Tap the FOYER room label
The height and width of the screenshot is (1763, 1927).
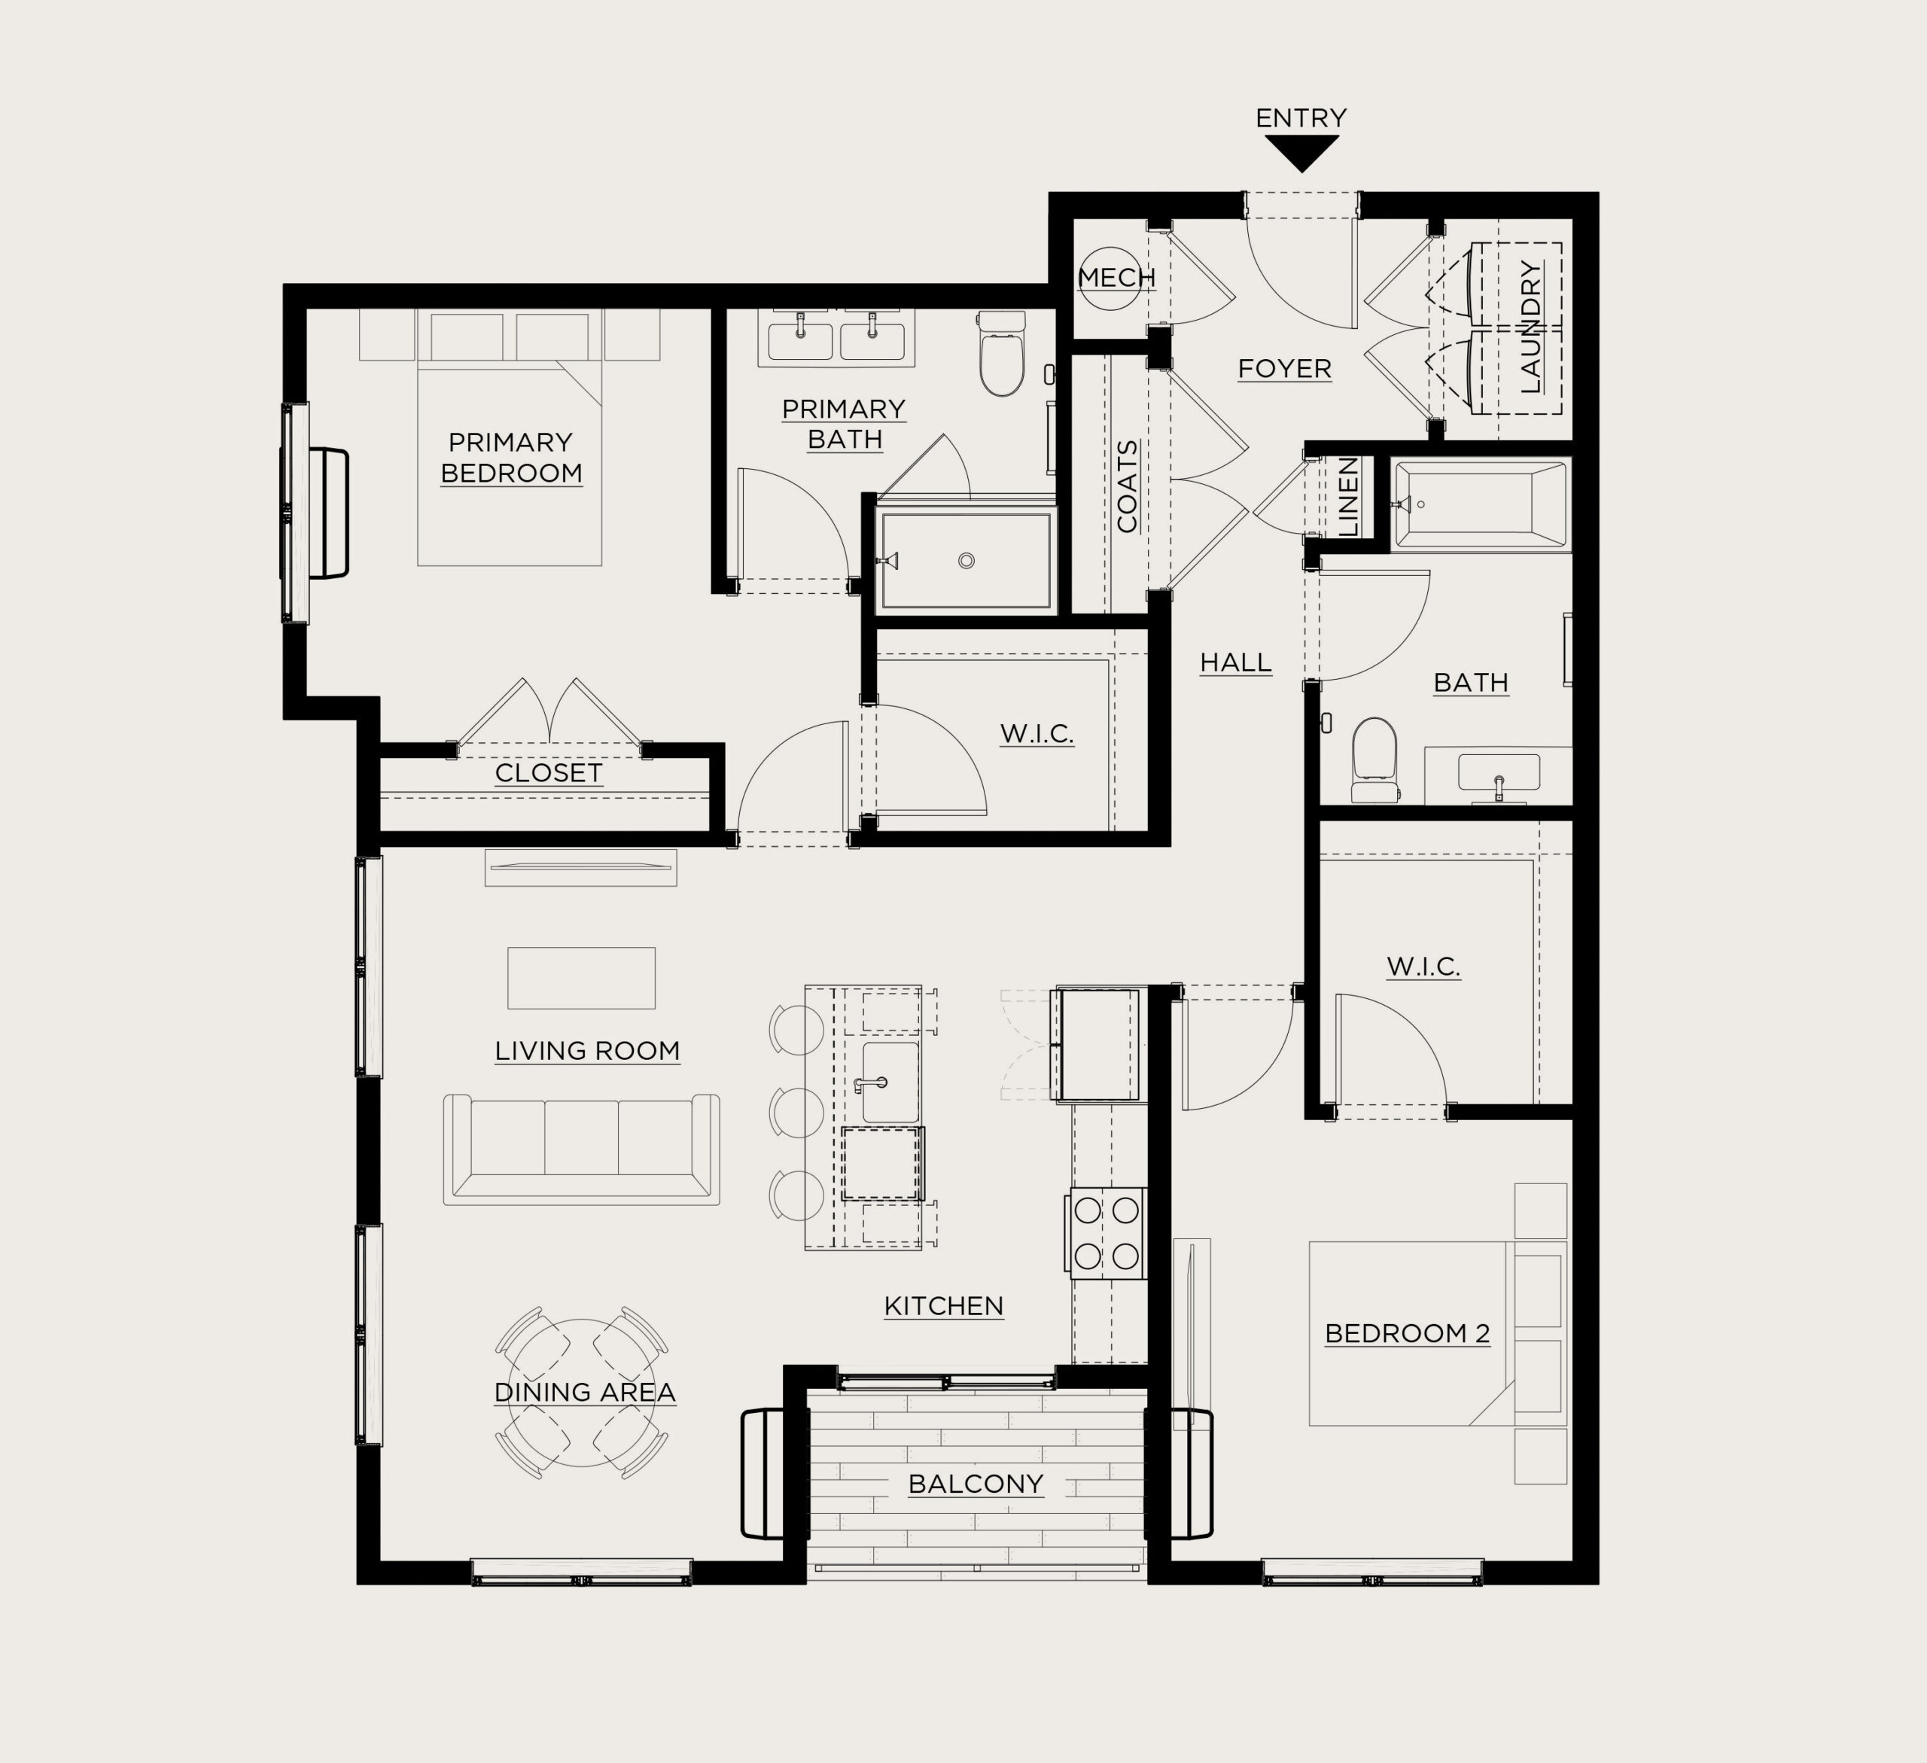pyautogui.click(x=1285, y=369)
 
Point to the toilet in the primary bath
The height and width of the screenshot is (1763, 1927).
pyautogui.click(x=1002, y=353)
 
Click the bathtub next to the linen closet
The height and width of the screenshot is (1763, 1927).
pyautogui.click(x=1481, y=505)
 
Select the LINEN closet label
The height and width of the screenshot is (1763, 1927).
pyautogui.click(x=1347, y=497)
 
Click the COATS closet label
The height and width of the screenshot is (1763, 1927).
pyautogui.click(x=1127, y=486)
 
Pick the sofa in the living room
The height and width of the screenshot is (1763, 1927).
pyautogui.click(x=581, y=1149)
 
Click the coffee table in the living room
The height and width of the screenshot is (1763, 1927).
pyautogui.click(x=581, y=978)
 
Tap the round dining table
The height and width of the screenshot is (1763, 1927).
pyautogui.click(x=582, y=1392)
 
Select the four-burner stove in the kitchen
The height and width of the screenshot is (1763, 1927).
pyautogui.click(x=1107, y=1233)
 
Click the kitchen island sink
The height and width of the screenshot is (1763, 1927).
pyautogui.click(x=890, y=1082)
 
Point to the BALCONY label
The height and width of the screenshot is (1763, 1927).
pyautogui.click(x=976, y=1484)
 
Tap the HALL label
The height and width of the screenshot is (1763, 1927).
pyautogui.click(x=1236, y=662)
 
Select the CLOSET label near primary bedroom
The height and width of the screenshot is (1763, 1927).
pyautogui.click(x=549, y=773)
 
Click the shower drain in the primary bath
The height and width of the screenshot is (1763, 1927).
pyautogui.click(x=967, y=562)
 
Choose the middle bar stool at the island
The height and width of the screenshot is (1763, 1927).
pyautogui.click(x=797, y=1112)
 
